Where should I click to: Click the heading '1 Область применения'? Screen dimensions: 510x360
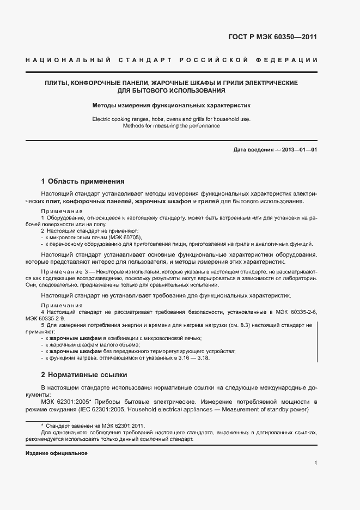pyautogui.click(x=83, y=181)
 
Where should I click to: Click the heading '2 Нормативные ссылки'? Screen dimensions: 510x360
pyautogui.click(x=84, y=375)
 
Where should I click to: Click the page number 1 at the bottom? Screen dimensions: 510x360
pyautogui.click(x=316, y=464)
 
